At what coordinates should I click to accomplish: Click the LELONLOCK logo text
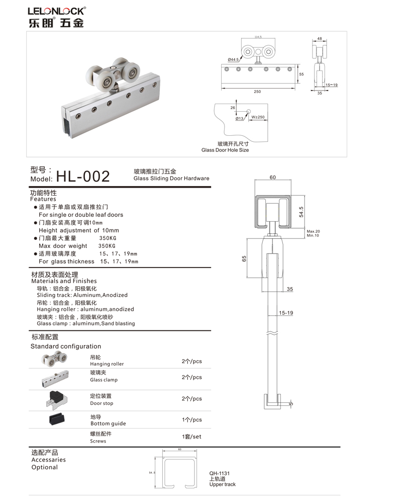[57, 11]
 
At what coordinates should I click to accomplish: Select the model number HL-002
[83, 177]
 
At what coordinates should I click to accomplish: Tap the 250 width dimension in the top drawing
[257, 92]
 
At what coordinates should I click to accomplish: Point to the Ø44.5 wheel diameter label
[233, 60]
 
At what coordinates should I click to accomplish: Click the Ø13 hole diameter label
[239, 119]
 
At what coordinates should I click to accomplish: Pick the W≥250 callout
[258, 117]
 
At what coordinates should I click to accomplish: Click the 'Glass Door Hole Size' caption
[225, 150]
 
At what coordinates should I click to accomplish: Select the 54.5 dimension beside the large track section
[301, 212]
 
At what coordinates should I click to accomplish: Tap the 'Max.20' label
[313, 231]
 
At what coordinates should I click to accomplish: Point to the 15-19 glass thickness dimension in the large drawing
[286, 313]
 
